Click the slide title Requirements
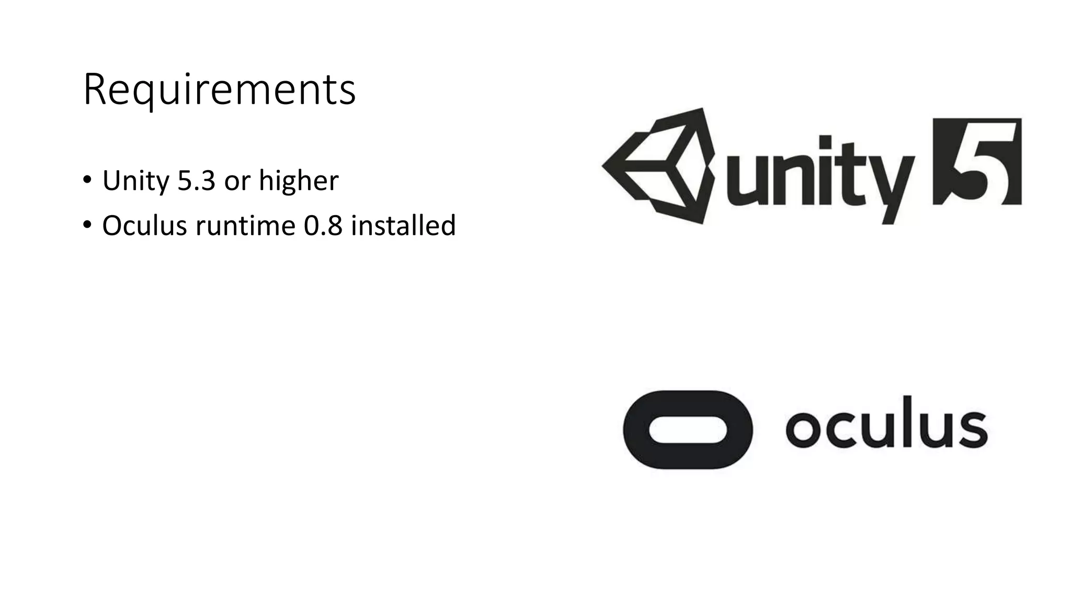(x=219, y=90)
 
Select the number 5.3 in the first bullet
(x=196, y=181)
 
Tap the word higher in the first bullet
(x=299, y=181)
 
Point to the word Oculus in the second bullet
(x=144, y=226)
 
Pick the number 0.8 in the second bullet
(x=323, y=226)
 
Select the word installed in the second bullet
(x=403, y=226)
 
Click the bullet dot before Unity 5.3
(x=87, y=181)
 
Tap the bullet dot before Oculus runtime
(x=87, y=225)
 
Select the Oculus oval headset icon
(x=688, y=430)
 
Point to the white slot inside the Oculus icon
(x=688, y=430)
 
